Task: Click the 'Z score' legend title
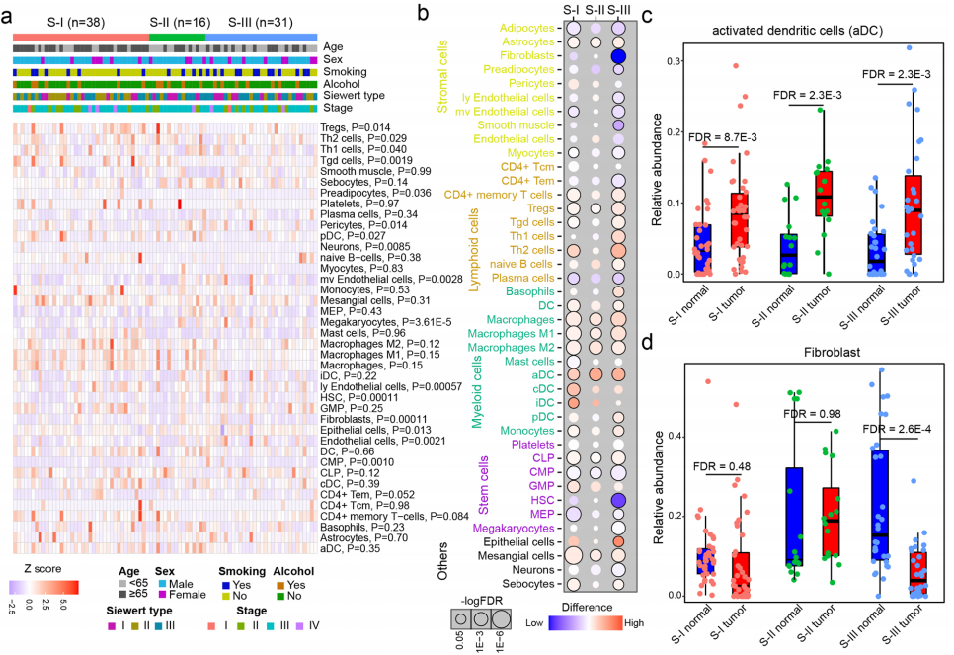36,570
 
